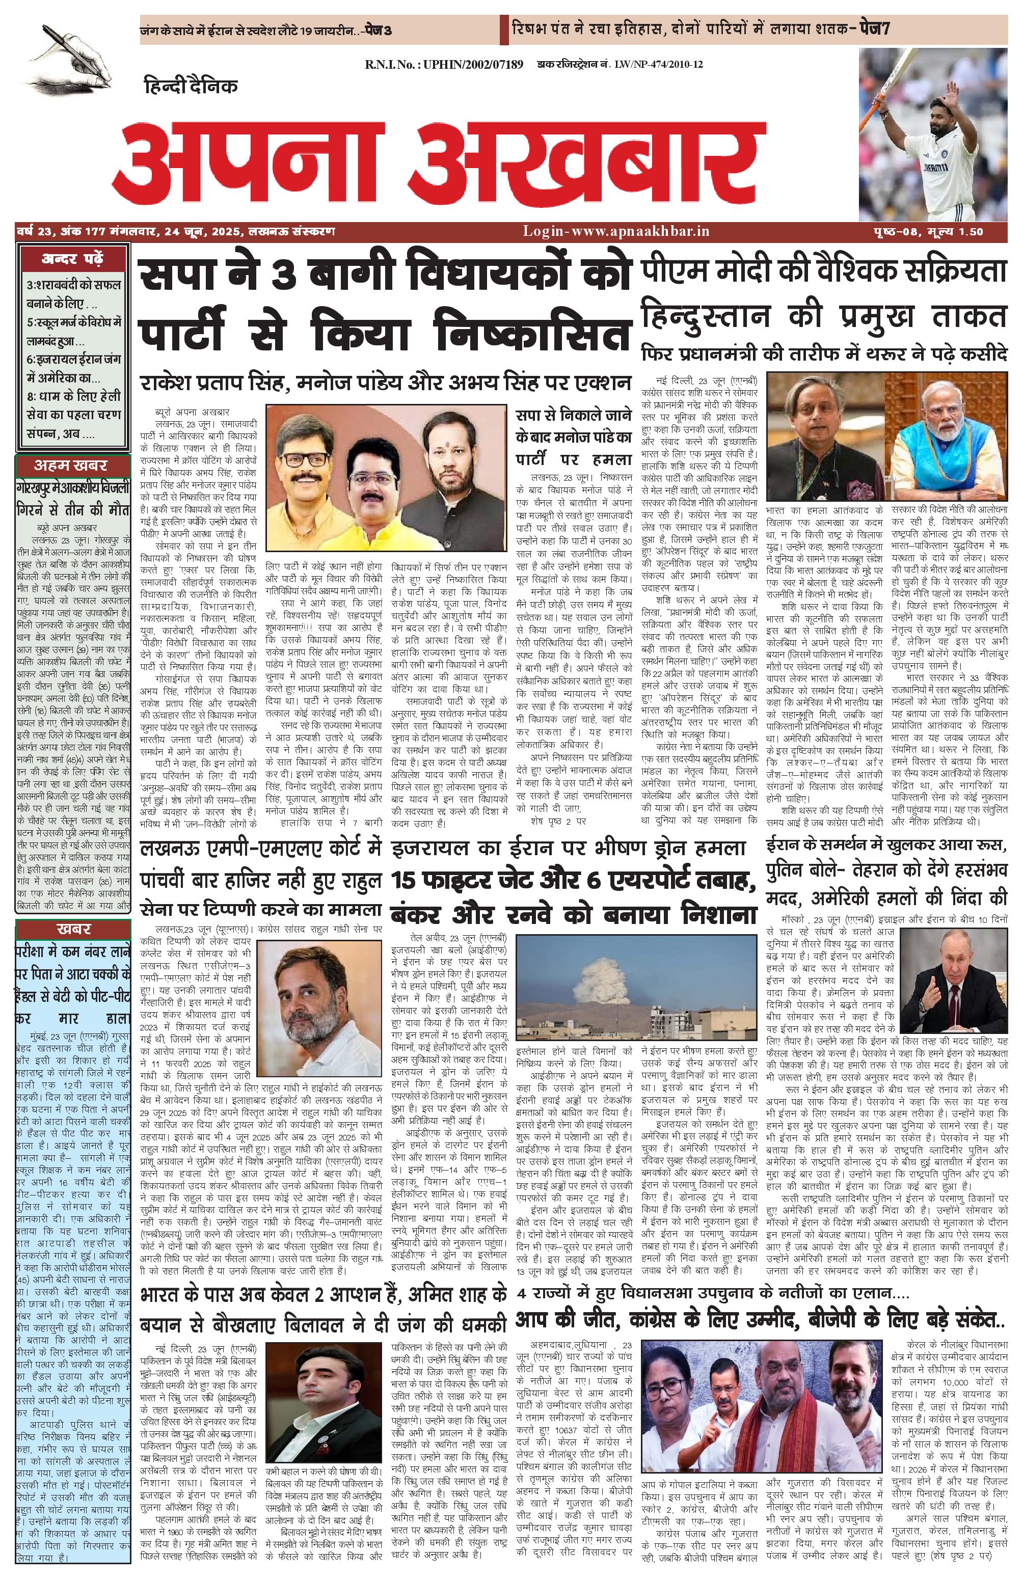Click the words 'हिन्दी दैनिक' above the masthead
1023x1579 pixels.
pos(190,86)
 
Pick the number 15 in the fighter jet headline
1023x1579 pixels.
pos(406,882)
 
